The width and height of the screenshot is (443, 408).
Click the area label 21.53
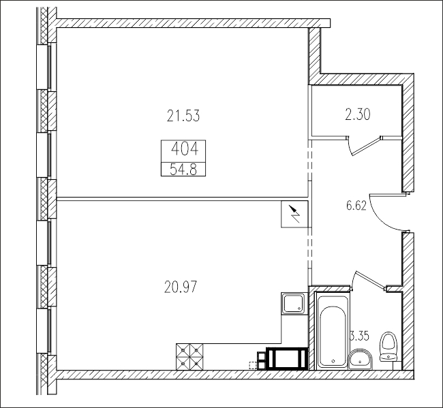[x=183, y=116]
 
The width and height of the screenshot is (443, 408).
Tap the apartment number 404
[x=185, y=148]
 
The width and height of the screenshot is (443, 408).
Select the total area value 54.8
[x=183, y=170]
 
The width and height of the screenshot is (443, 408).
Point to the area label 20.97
[x=181, y=287]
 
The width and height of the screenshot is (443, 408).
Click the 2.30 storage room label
[x=358, y=114]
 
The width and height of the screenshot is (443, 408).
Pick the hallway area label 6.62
[x=356, y=205]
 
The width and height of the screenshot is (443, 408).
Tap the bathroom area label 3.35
[x=360, y=336]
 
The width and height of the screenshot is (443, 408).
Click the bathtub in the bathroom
[x=333, y=330]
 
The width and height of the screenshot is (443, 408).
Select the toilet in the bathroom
[x=389, y=347]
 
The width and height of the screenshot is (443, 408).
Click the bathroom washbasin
[x=361, y=358]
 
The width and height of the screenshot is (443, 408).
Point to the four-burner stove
[x=189, y=356]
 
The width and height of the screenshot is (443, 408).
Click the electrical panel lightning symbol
[x=294, y=214]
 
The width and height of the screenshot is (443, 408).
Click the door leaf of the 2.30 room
[x=366, y=146]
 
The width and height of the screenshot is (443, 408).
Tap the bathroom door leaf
[x=370, y=280]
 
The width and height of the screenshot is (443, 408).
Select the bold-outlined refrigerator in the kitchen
[x=287, y=358]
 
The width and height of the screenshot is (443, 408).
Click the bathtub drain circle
[x=333, y=361]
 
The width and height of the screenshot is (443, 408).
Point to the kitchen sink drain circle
[x=299, y=309]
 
